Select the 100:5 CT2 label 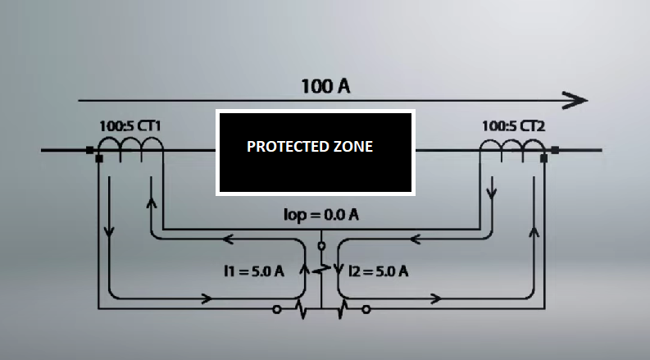click(513, 126)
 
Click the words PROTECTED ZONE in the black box click(310, 147)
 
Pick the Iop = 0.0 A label click(320, 216)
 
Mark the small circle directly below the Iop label click(321, 245)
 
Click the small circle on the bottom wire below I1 click(277, 310)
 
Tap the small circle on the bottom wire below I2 click(366, 310)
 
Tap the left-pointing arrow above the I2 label click(415, 240)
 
